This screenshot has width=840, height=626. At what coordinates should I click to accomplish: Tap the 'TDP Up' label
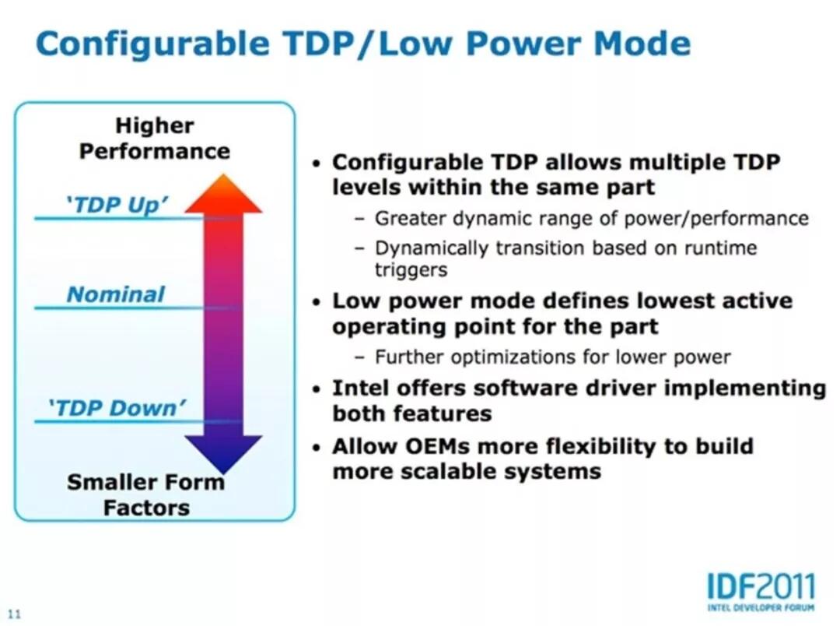116,205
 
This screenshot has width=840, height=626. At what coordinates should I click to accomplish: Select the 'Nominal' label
116,294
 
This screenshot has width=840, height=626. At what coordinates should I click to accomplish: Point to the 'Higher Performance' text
154,138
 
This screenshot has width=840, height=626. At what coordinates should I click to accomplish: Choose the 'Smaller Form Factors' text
146,494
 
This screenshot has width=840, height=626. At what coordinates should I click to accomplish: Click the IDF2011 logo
761,586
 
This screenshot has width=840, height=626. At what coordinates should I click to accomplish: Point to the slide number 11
16,613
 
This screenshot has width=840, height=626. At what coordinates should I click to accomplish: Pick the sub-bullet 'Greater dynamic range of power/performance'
591,219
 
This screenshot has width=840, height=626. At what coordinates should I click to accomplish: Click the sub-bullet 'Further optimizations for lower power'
552,357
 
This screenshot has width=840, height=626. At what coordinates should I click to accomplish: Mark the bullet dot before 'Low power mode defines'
316,303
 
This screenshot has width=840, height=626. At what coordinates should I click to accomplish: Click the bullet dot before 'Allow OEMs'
316,448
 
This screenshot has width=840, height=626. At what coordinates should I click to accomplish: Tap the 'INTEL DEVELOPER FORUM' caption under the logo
761,607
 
